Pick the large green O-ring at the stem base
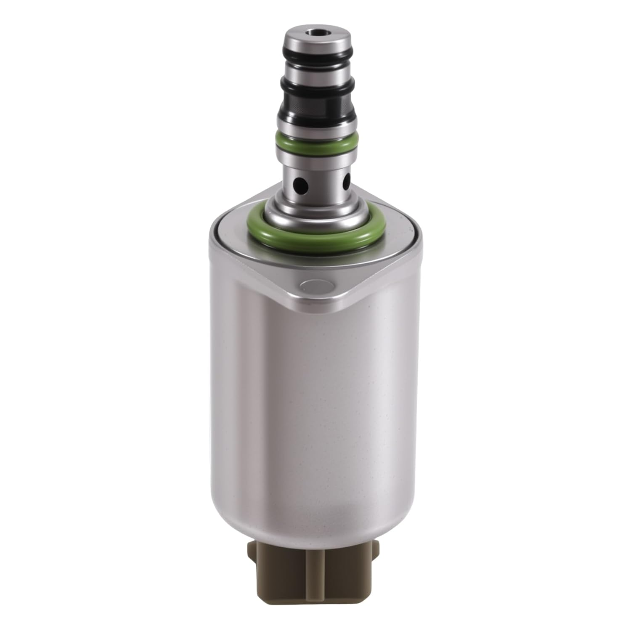313,231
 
